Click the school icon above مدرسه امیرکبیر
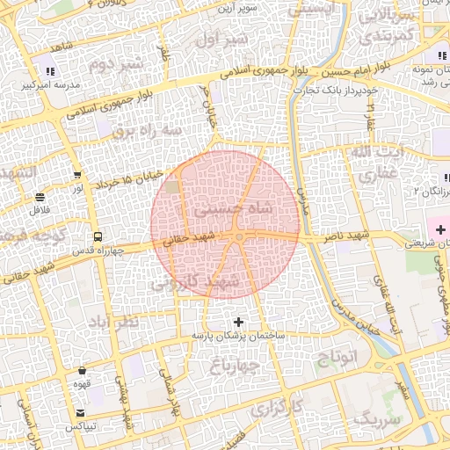50,70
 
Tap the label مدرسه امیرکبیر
50,86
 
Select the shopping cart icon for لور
78,175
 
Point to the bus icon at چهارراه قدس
97,236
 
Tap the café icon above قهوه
82,370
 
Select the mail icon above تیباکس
81,413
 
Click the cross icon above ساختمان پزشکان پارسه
238,322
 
